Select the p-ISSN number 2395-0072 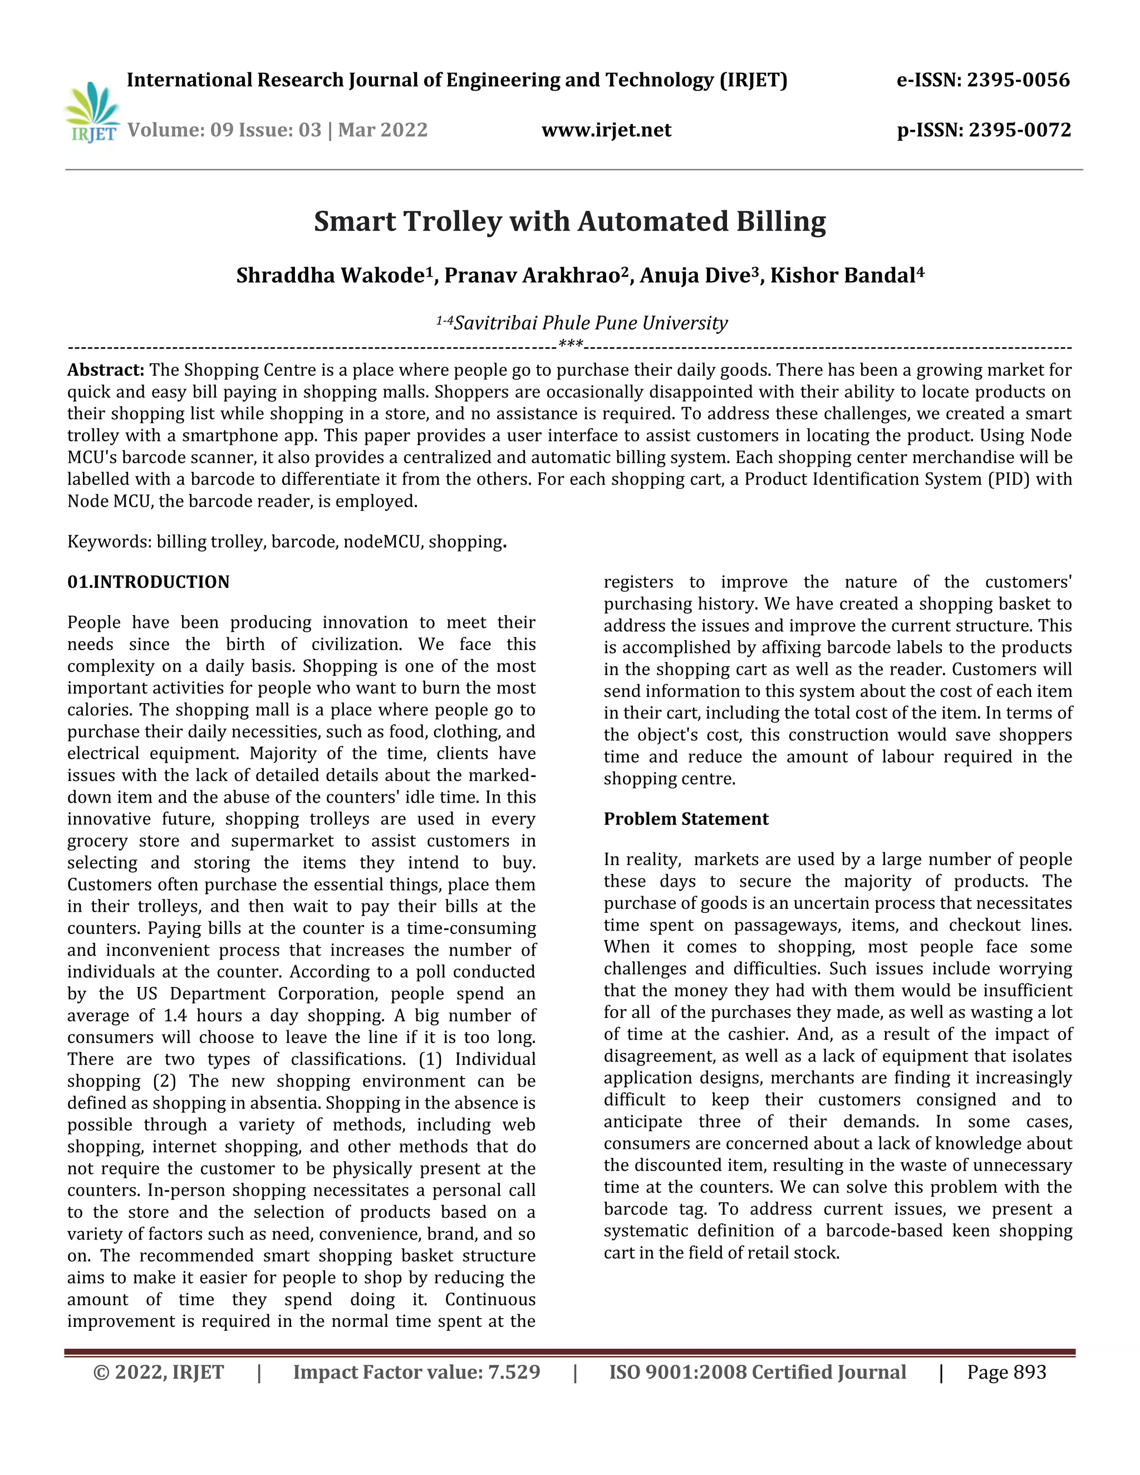(1019, 130)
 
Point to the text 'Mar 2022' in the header (382, 130)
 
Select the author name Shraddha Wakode (333, 276)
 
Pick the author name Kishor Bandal (843, 276)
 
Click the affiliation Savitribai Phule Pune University (590, 323)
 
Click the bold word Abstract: (105, 370)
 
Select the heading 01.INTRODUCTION (148, 582)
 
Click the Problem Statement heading (685, 819)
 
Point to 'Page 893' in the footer (1006, 1373)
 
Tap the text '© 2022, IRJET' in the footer (158, 1373)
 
